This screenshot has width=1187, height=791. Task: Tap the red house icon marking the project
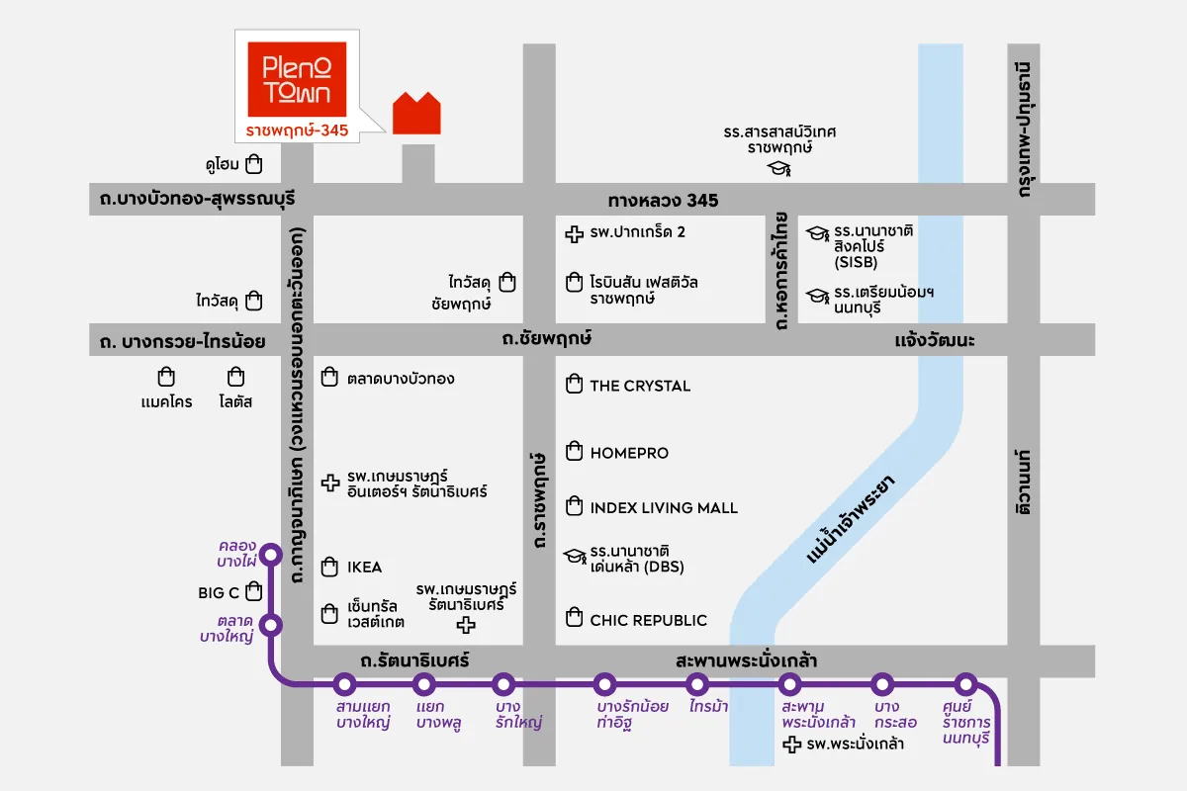(x=416, y=114)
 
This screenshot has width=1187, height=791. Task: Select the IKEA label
(x=364, y=568)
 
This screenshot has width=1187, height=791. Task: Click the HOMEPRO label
(x=629, y=453)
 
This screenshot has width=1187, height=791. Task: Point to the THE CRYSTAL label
(x=640, y=386)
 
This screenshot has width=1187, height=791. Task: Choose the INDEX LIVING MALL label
(x=664, y=508)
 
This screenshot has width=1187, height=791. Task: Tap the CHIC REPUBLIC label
(x=648, y=620)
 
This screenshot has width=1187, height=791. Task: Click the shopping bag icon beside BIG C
(x=254, y=591)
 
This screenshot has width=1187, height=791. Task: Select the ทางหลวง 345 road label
(x=663, y=201)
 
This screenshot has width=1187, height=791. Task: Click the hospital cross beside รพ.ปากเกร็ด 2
(x=573, y=234)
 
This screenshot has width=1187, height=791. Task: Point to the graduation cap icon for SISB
(x=817, y=234)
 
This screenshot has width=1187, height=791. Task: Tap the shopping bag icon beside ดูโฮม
(x=254, y=163)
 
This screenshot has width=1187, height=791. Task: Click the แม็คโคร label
(x=166, y=402)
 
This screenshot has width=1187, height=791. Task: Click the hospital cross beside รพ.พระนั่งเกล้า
(x=791, y=745)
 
